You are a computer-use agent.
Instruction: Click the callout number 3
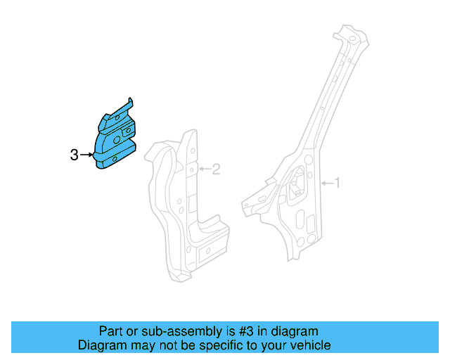75,155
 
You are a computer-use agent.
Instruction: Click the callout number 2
216,169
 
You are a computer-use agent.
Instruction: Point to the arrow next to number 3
86,155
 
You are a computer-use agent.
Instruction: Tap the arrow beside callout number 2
205,169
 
